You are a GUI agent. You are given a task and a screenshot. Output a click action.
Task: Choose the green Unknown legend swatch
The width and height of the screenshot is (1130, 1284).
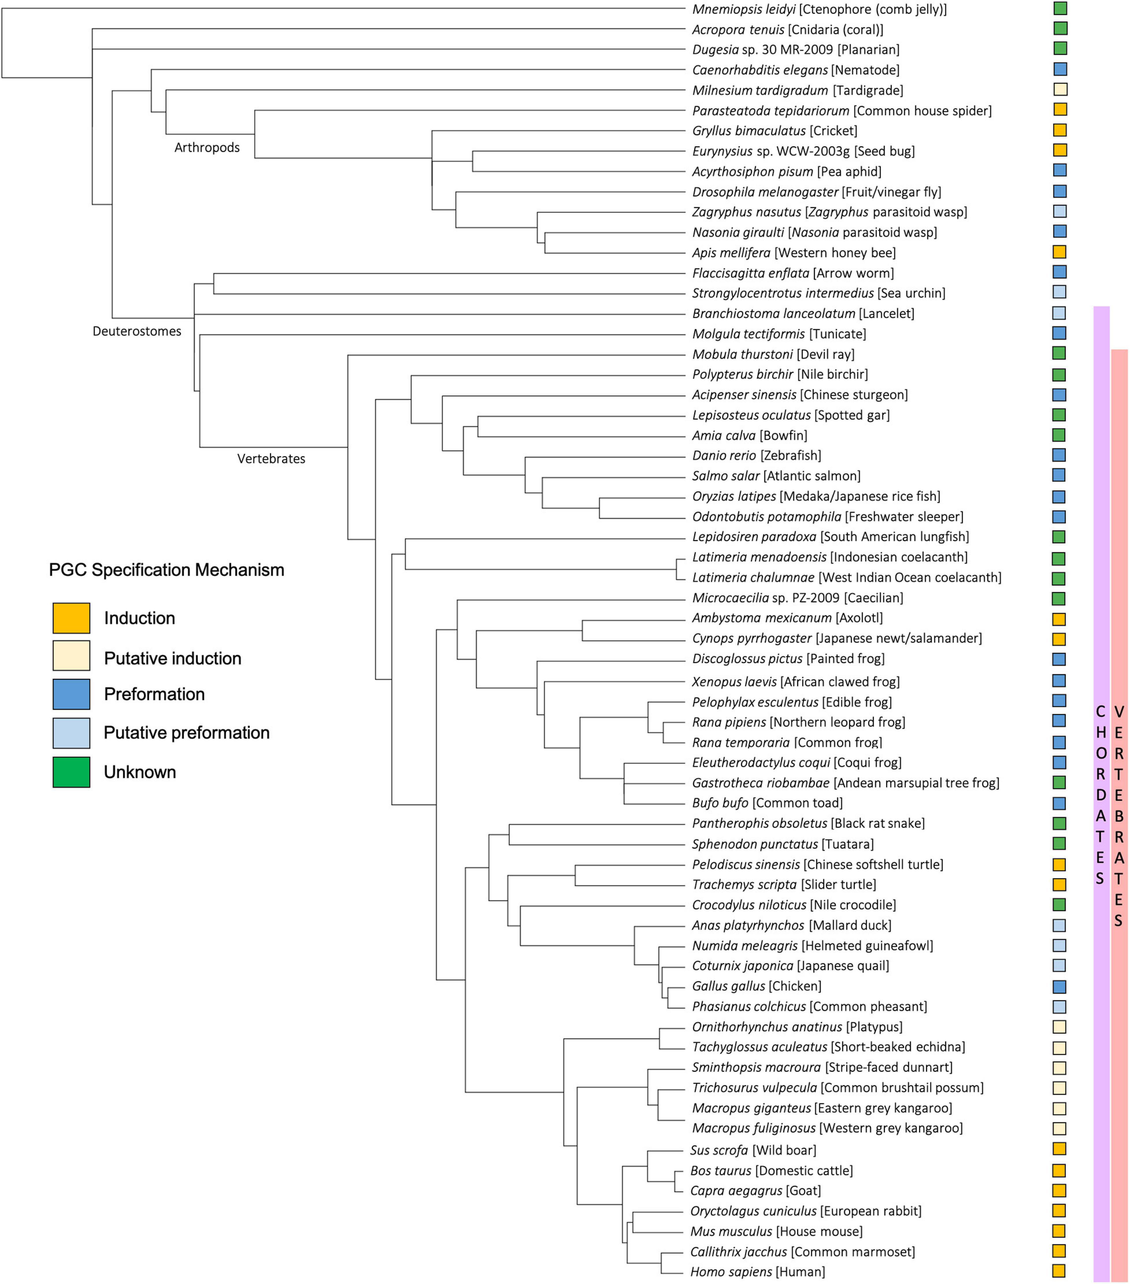[x=71, y=772]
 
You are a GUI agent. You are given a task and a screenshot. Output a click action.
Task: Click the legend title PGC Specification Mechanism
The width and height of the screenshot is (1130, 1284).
[x=166, y=570]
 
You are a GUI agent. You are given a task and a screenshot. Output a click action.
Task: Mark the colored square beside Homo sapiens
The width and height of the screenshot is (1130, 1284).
[x=1059, y=1271]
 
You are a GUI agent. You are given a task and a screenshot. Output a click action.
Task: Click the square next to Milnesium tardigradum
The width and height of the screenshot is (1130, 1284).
[x=1060, y=90]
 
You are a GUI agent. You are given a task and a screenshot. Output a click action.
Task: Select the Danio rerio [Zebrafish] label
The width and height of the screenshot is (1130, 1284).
[x=756, y=455]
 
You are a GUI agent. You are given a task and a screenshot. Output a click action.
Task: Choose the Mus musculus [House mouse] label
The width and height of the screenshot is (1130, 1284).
[x=776, y=1231]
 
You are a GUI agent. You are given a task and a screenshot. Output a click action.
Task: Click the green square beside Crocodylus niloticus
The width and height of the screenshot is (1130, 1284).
[x=1059, y=905]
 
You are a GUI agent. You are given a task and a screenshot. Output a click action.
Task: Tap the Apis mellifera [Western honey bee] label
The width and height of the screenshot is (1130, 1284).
[x=793, y=252]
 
